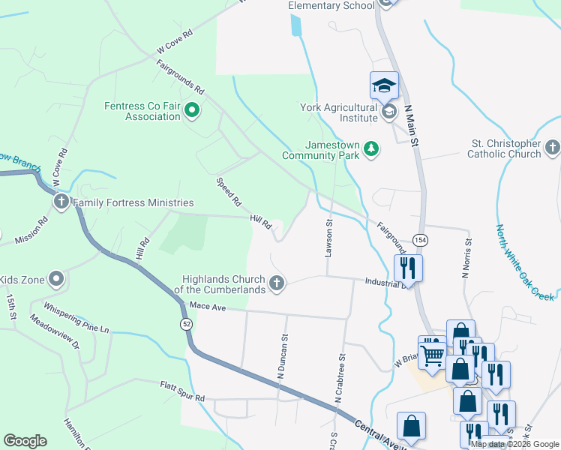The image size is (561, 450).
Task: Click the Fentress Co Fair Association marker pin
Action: [x=191, y=111]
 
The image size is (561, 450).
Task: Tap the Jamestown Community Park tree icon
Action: [x=370, y=150]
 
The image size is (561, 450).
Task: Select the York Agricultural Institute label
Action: [x=339, y=112]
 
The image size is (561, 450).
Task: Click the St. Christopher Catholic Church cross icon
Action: [x=553, y=148]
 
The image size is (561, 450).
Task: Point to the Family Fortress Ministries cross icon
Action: [x=61, y=202]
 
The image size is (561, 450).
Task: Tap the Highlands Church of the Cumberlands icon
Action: [x=277, y=283]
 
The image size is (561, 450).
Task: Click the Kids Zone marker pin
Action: [x=56, y=280]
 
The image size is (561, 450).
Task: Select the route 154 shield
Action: [x=421, y=239]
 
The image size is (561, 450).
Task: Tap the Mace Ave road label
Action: [x=208, y=306]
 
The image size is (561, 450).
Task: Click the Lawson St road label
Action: [x=328, y=238]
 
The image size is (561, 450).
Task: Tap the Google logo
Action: [x=25, y=441]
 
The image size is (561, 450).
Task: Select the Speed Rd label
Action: [x=229, y=192]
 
